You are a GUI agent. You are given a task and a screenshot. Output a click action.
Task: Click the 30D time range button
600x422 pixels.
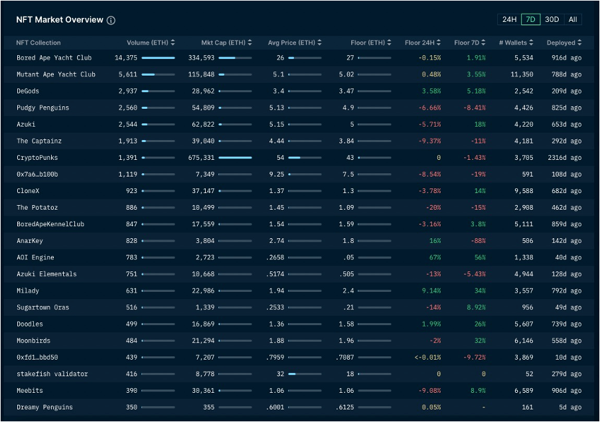pos(552,19)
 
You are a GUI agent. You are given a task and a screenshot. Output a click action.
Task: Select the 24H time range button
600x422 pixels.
pos(509,19)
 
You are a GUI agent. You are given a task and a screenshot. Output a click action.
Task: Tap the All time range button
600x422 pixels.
pos(572,19)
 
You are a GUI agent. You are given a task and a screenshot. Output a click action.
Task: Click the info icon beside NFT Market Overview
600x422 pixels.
pos(111,20)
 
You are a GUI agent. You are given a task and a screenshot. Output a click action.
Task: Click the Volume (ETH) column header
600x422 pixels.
pos(147,43)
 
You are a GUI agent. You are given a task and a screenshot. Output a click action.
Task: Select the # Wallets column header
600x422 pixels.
pos(513,43)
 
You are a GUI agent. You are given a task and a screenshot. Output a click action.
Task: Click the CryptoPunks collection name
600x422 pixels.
pos(37,158)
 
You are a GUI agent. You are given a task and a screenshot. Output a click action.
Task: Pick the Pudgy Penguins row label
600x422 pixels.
pos(42,107)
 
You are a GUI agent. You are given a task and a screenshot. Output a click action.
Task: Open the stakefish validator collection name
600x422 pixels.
pos(52,374)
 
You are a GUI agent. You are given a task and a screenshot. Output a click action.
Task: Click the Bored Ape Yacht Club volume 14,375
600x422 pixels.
pos(125,58)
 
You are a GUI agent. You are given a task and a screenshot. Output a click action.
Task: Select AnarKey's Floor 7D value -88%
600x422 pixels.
pos(477,241)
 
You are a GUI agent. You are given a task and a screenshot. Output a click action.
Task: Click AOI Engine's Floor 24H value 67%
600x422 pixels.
pos(434,257)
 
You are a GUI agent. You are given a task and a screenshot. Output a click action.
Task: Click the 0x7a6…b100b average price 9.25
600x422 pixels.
pos(277,175)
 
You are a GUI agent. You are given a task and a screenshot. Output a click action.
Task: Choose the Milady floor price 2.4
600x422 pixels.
pos(348,291)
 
